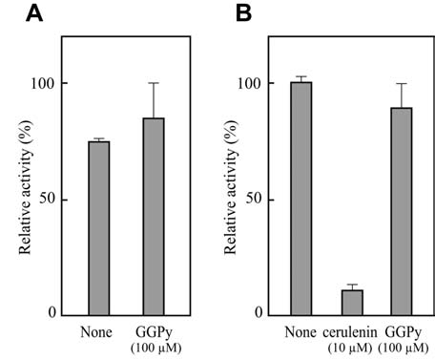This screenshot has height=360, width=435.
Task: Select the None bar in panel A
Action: pos(99,228)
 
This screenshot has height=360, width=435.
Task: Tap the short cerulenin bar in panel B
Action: pos(352,303)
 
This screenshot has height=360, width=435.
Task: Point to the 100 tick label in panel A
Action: pos(42,83)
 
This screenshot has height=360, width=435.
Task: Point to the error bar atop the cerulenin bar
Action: pos(352,286)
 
